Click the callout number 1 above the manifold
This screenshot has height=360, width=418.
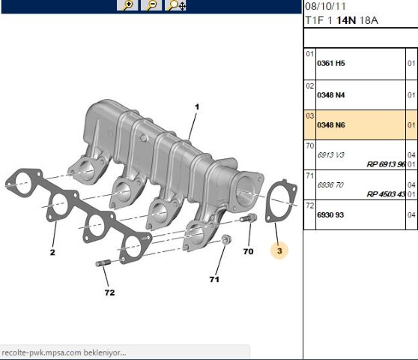(x=196, y=107)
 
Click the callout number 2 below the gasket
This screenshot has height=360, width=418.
(x=53, y=253)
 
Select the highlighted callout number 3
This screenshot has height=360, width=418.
(x=279, y=251)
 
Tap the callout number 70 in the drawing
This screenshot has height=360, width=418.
(x=248, y=251)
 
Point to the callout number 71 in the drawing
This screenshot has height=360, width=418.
(x=214, y=279)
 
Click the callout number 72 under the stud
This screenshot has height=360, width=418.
(x=110, y=292)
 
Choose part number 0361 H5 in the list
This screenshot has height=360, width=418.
(x=331, y=64)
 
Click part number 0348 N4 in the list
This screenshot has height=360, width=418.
(x=331, y=95)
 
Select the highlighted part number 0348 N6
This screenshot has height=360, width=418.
(x=331, y=124)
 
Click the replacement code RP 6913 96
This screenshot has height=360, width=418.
(x=385, y=164)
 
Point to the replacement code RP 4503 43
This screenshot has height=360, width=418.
(x=385, y=193)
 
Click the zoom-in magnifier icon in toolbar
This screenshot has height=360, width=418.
(x=128, y=5)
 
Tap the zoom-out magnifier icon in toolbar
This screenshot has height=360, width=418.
(x=152, y=5)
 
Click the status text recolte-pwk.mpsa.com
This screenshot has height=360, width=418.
(x=64, y=352)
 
